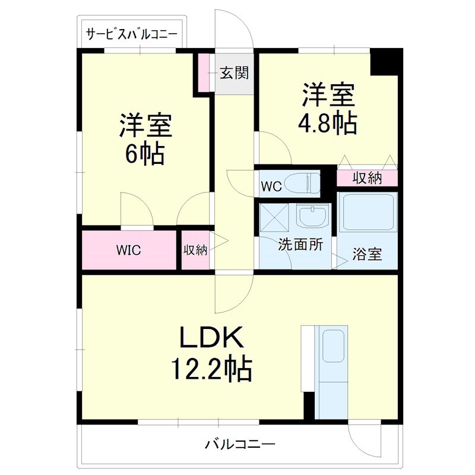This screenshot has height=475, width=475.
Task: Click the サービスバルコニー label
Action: pyautogui.click(x=131, y=34)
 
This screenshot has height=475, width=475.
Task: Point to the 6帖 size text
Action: pyautogui.click(x=144, y=154)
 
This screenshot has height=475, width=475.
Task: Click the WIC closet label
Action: pyautogui.click(x=128, y=250)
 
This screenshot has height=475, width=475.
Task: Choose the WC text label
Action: pyautogui.click(x=271, y=186)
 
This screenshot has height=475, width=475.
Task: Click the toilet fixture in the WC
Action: pyautogui.click(x=300, y=183)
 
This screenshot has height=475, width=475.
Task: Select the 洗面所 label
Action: pyautogui.click(x=300, y=245)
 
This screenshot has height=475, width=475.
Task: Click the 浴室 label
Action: pyautogui.click(x=366, y=255)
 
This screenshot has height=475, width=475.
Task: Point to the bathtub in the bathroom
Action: pyautogui.click(x=366, y=213)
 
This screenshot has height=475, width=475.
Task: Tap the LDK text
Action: pyautogui.click(x=211, y=339)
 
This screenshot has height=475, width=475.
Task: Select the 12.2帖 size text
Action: pyautogui.click(x=211, y=369)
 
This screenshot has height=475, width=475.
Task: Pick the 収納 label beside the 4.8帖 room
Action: pyautogui.click(x=367, y=178)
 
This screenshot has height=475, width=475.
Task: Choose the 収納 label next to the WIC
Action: pyautogui.click(x=195, y=250)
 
